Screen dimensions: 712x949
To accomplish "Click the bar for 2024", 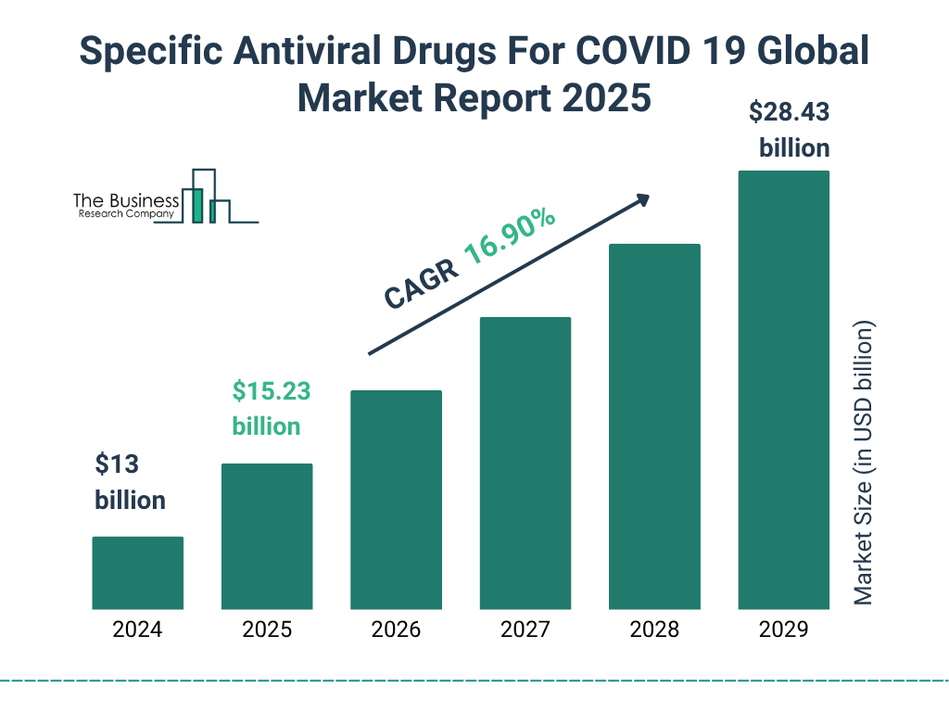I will tap(137, 573).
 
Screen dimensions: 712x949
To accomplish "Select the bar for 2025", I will tap(267, 536).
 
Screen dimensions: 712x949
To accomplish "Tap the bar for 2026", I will tap(396, 500).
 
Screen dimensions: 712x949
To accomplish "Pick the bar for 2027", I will tap(525, 463).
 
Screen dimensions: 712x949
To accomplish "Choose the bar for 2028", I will tap(654, 426).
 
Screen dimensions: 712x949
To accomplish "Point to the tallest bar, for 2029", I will tap(783, 389).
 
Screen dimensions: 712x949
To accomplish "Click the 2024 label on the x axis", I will tap(137, 630).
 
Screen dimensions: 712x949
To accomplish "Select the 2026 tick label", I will tap(396, 630).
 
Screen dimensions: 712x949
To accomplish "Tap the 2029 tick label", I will tap(783, 630).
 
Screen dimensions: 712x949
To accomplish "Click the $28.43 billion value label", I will tap(789, 130).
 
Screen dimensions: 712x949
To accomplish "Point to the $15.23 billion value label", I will tap(271, 408).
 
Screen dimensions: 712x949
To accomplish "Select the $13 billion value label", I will tap(130, 482).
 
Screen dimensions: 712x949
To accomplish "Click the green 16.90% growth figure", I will tap(510, 238).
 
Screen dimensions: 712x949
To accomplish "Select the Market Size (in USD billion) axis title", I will tap(864, 464).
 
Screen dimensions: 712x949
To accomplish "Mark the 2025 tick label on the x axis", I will tap(267, 630).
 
